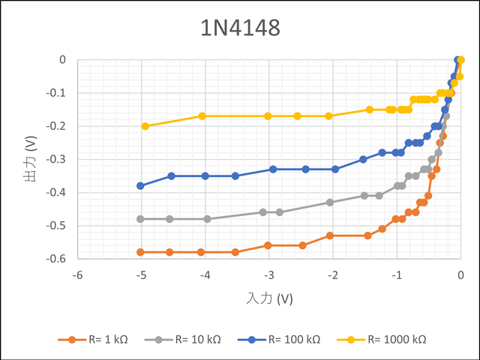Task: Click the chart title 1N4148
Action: point(239,28)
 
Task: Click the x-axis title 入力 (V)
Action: point(269,298)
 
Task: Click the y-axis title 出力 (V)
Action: point(30,159)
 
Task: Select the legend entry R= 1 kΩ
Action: point(94,339)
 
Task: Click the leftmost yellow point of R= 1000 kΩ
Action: point(145,126)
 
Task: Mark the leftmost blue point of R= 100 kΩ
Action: point(140,185)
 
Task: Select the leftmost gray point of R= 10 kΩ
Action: point(140,219)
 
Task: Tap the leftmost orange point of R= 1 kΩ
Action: point(140,252)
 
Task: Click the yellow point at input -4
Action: point(202,116)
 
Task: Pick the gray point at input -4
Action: point(208,219)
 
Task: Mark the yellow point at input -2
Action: point(329,116)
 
